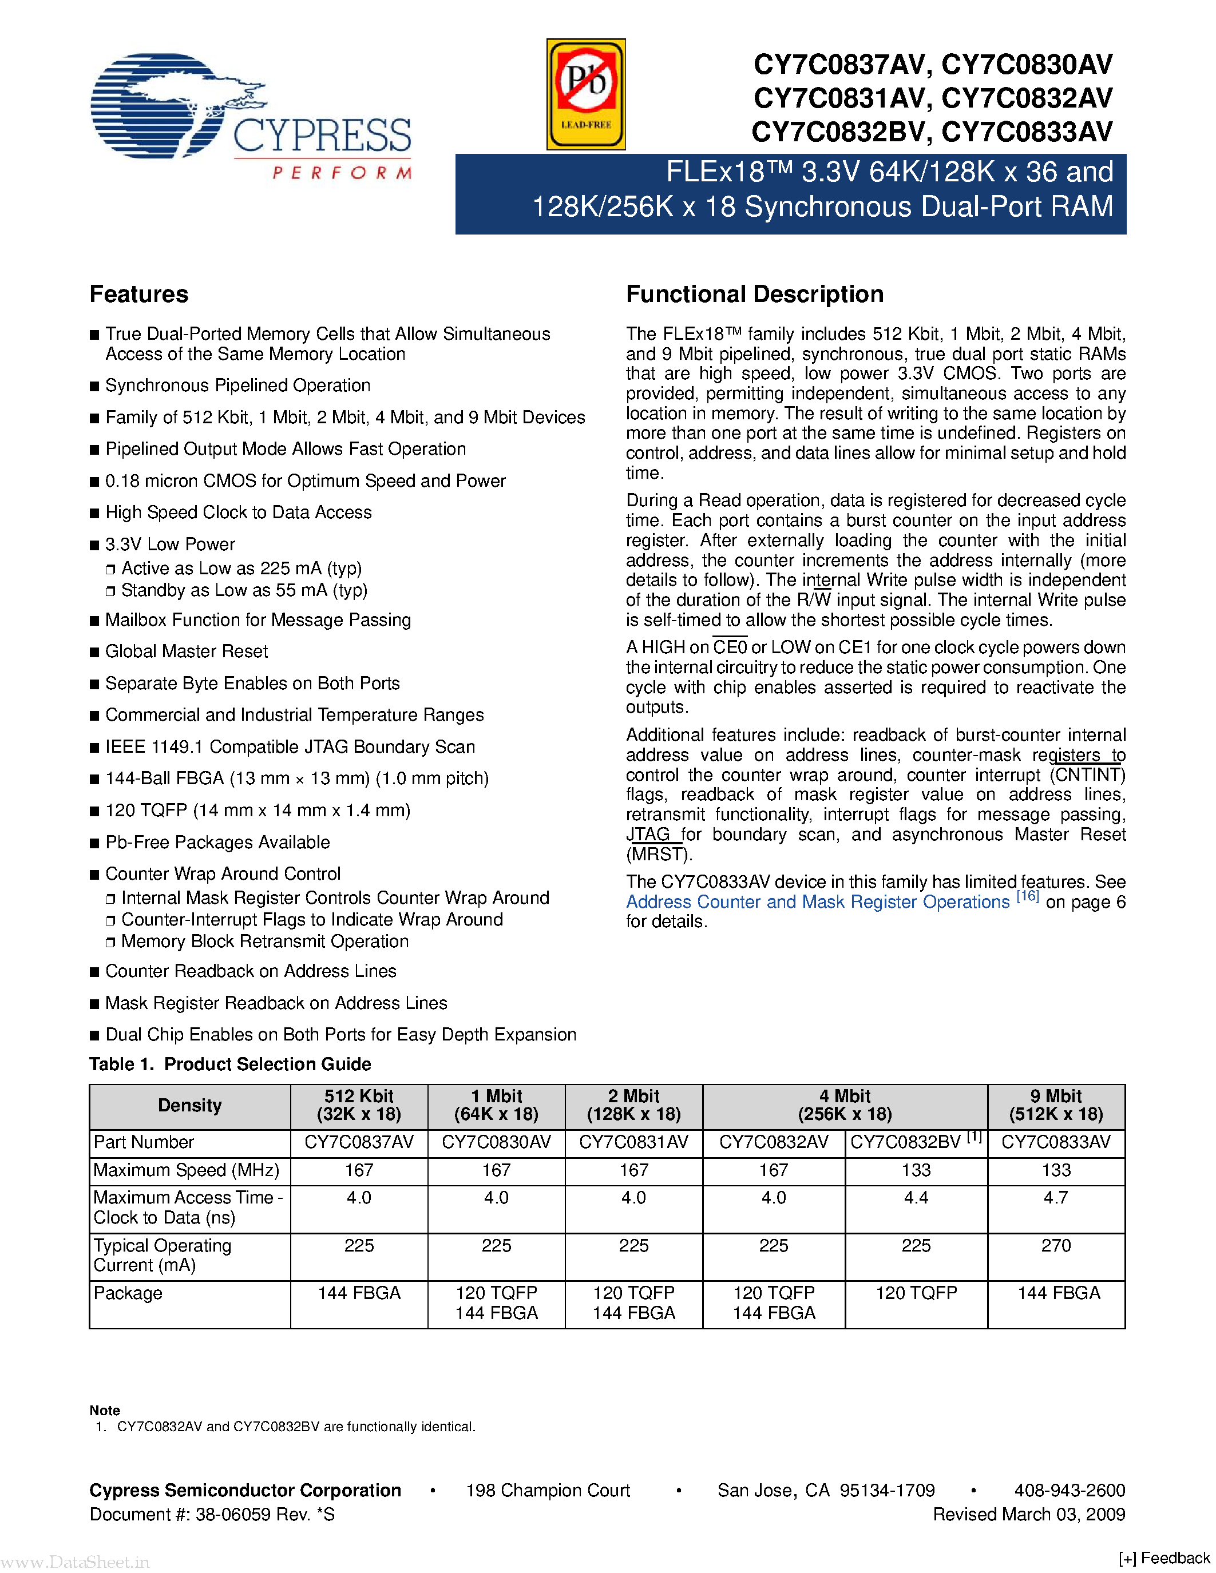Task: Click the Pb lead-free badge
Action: tap(585, 94)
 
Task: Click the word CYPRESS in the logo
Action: tap(322, 136)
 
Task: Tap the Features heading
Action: tap(138, 294)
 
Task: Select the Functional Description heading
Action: tap(754, 294)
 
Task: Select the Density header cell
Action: tap(189, 1106)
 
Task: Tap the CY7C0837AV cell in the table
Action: tap(359, 1142)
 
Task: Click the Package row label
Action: tap(128, 1293)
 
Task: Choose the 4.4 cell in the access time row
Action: tap(916, 1198)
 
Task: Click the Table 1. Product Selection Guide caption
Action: tap(230, 1064)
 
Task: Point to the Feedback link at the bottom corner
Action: tap(1166, 1558)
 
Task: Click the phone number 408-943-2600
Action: tap(1069, 1490)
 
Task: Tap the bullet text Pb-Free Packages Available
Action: tap(217, 842)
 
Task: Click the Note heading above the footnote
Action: tap(105, 1410)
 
